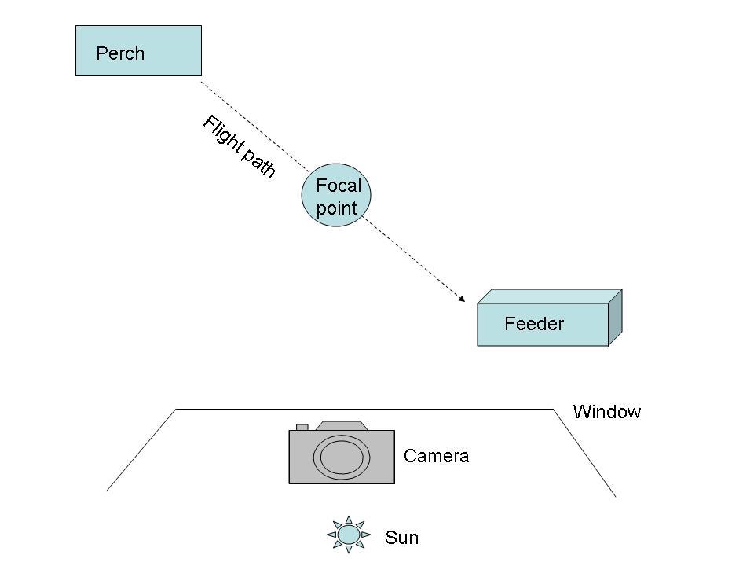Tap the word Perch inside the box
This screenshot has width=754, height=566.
coord(120,54)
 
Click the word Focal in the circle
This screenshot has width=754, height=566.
coord(338,186)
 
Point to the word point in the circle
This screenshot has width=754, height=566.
coord(337,209)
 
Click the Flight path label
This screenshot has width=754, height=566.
coord(239,147)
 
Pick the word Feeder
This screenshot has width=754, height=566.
coord(534,324)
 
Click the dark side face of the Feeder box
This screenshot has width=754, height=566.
coord(615,316)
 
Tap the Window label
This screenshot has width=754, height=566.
coord(607,412)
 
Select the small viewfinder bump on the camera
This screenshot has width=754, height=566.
coord(302,427)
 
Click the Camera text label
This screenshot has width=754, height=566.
coord(436,456)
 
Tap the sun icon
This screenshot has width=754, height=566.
coord(348,535)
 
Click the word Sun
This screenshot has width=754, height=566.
coord(401,538)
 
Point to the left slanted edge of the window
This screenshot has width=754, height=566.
coord(141,450)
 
